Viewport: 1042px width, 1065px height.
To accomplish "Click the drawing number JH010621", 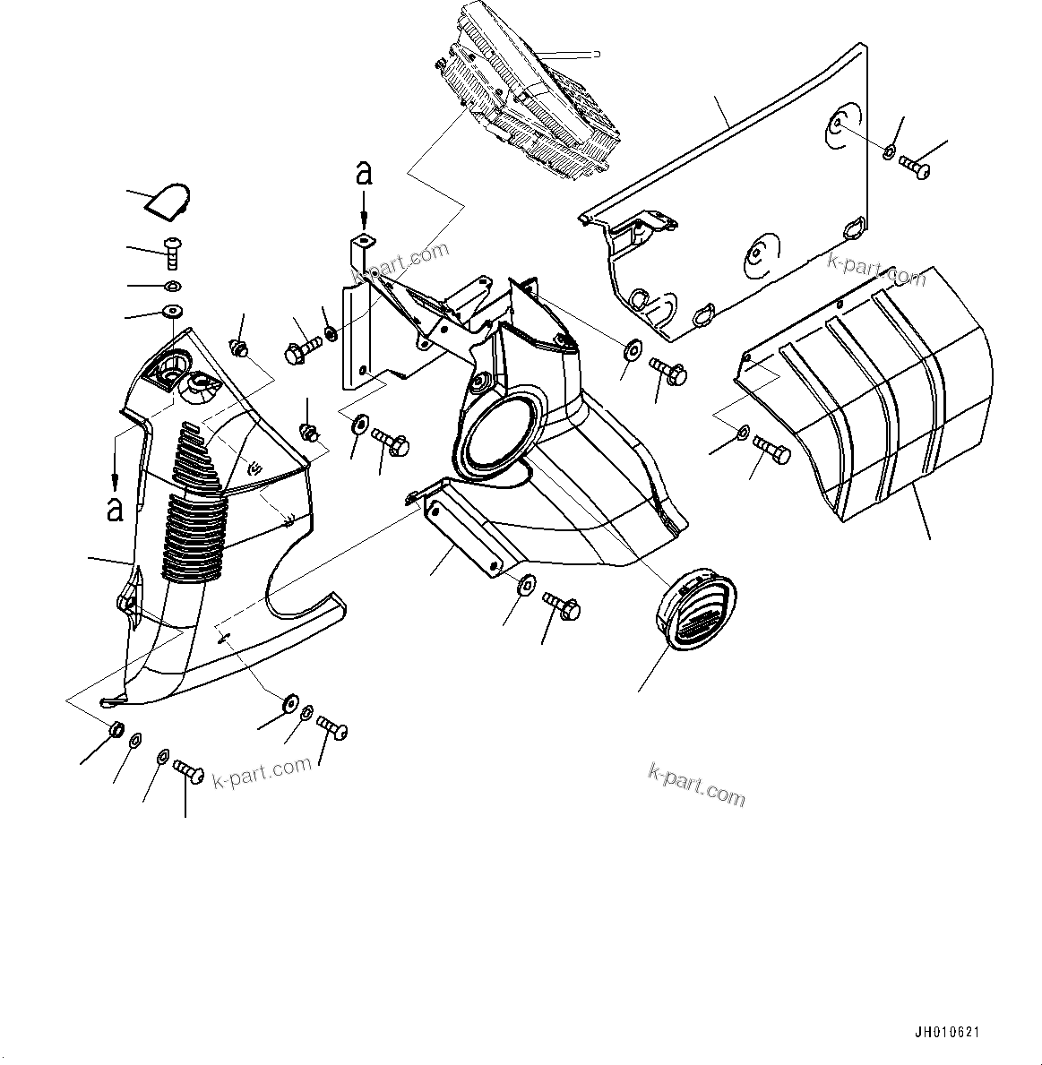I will coord(947,1032).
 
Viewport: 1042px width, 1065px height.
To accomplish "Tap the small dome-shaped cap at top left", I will coord(169,201).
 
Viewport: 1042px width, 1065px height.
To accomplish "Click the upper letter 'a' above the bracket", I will coord(364,172).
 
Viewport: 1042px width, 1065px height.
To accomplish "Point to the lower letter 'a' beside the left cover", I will coord(115,508).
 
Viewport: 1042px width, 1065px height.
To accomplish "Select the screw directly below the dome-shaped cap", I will coord(174,252).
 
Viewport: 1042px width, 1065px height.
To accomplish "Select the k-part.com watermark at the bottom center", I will coord(696,784).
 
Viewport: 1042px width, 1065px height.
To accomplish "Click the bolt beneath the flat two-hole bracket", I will coord(562,607).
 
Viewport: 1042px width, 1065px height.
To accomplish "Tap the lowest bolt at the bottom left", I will coord(189,769).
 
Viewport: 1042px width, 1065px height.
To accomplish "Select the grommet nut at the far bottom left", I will coord(116,729).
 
